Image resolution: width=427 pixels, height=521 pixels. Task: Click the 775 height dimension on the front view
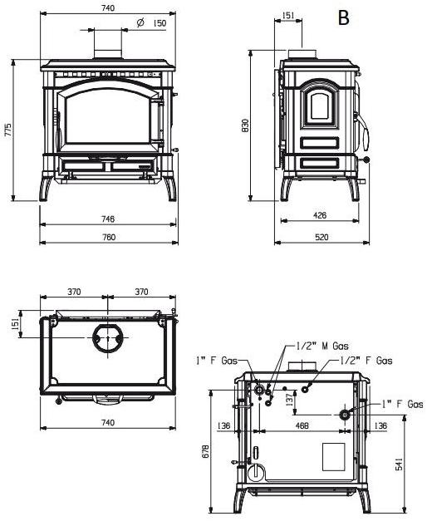(8, 130)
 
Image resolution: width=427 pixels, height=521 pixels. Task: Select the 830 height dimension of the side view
(246, 125)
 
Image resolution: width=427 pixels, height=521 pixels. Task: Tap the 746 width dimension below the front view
(107, 219)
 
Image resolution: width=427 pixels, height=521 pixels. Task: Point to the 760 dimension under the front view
(107, 238)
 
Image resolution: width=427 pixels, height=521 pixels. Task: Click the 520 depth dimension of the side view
(321, 238)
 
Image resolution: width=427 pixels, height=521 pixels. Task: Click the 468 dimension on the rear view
(302, 426)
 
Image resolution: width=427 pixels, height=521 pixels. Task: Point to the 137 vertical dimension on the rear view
(288, 401)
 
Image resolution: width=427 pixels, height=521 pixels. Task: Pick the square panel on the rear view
(332, 455)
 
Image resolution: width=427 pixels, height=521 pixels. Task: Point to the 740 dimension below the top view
(107, 423)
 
